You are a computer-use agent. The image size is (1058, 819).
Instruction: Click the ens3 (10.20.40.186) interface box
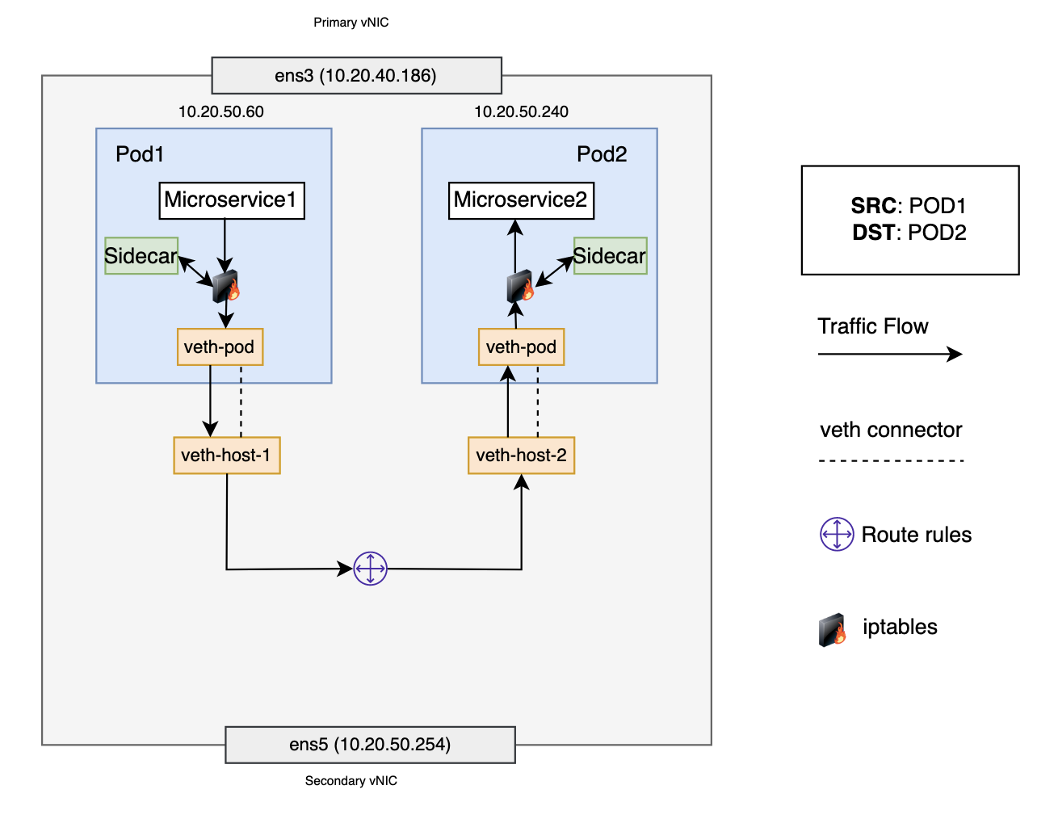point(356,76)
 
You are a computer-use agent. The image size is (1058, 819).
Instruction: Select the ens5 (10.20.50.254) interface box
point(370,745)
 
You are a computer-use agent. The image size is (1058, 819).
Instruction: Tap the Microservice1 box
point(231,200)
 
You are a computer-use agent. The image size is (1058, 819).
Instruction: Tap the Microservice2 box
point(521,200)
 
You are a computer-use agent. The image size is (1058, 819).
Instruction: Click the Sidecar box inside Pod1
point(141,256)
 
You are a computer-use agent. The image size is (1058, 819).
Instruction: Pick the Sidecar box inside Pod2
point(610,256)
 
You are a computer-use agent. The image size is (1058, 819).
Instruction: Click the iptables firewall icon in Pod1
point(226,287)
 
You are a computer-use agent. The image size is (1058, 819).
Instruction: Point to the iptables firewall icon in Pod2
point(520,287)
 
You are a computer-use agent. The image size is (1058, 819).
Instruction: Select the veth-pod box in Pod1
point(220,347)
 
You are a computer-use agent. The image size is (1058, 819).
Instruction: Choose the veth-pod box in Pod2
point(521,347)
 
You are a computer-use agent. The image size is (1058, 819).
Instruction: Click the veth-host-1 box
point(226,456)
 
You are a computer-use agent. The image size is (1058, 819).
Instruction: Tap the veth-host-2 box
point(521,456)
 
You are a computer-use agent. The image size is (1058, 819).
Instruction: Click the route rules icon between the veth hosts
point(371,569)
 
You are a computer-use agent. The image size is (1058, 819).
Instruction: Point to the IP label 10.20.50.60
point(220,112)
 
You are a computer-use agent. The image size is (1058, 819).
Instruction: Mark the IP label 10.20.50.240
point(521,112)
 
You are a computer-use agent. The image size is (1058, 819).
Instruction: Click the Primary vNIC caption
point(351,23)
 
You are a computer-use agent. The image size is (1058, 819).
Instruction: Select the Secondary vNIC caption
point(351,781)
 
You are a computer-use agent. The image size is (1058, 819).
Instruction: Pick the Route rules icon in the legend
point(837,535)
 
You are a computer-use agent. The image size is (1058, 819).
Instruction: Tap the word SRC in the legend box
point(873,206)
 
